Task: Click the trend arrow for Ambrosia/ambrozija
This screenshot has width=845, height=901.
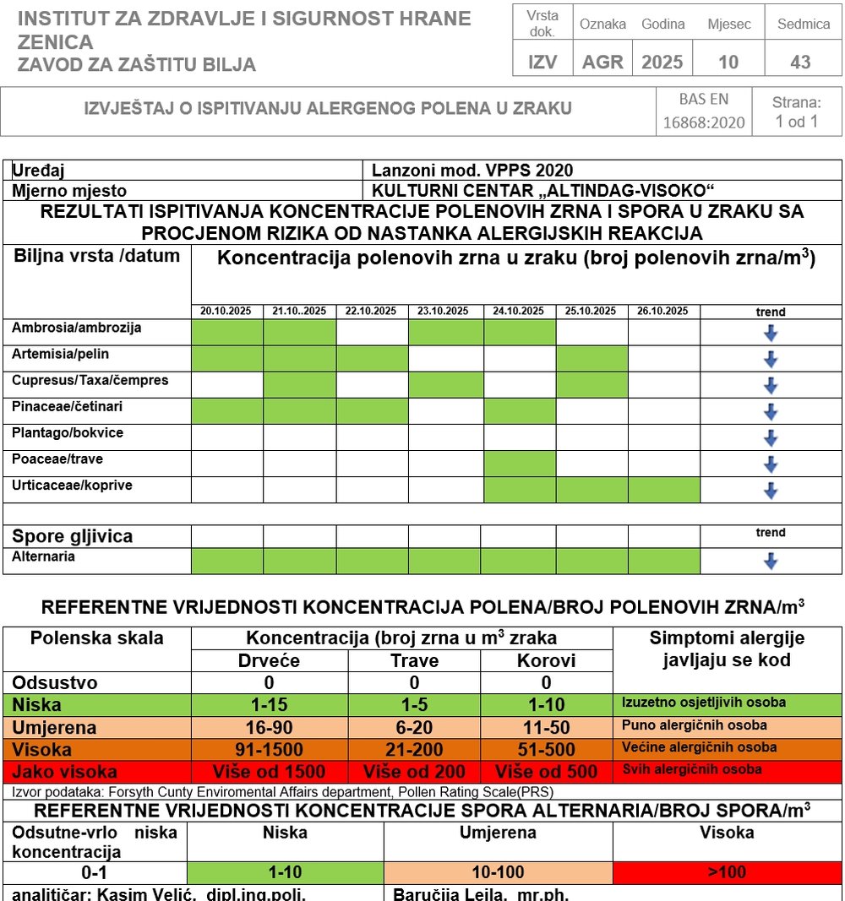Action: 770,333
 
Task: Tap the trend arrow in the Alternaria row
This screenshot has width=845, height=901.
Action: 770,561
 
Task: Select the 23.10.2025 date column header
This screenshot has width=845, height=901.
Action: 444,312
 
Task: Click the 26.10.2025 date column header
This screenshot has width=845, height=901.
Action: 663,312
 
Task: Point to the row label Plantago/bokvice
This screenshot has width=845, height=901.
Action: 68,433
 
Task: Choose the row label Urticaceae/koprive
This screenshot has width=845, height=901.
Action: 72,486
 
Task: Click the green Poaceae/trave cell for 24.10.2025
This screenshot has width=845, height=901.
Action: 519,464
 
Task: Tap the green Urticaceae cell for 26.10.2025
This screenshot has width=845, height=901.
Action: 663,490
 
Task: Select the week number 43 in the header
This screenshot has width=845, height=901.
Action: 800,62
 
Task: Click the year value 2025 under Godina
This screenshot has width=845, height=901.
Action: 662,62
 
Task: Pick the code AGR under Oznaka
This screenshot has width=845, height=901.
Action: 602,62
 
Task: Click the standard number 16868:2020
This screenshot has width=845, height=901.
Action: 703,122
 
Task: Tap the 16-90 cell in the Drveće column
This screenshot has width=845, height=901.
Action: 270,727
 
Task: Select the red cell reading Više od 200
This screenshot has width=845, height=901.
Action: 414,771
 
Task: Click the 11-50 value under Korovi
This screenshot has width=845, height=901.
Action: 546,727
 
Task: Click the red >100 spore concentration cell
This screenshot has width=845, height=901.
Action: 727,872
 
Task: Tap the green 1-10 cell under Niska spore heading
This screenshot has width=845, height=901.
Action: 285,872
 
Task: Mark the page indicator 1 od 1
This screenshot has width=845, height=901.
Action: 796,122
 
